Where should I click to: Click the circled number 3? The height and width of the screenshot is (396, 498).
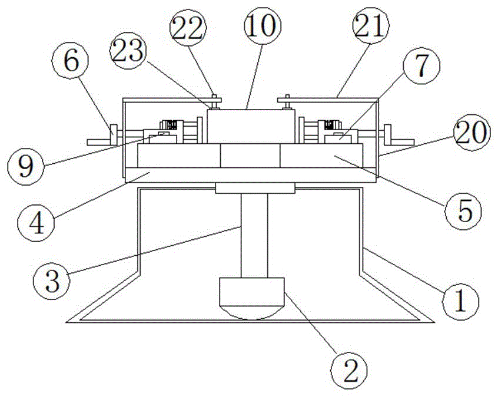(50, 278)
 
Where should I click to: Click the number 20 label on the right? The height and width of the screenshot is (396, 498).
(472, 134)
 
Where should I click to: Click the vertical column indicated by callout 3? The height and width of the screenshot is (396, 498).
(254, 236)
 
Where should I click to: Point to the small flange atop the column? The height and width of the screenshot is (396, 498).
(254, 188)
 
